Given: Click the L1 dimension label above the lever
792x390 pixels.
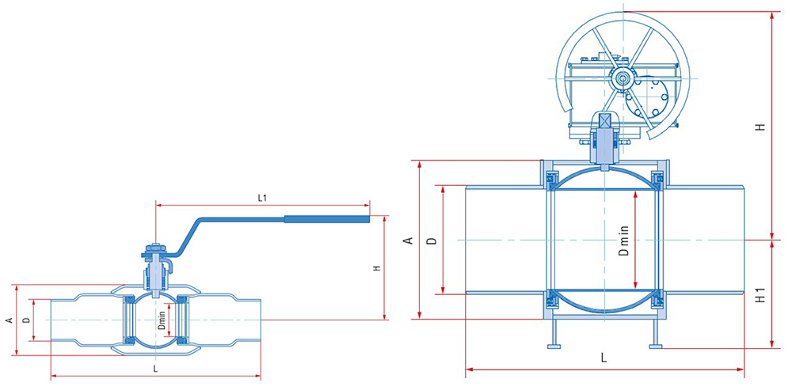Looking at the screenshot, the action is click(x=262, y=199).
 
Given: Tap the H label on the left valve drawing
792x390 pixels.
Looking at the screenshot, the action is click(x=376, y=268).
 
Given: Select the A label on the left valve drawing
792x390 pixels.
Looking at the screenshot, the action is click(x=8, y=320).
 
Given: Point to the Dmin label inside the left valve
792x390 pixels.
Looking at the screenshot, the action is click(x=162, y=320).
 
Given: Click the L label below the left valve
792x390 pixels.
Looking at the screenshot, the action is click(x=155, y=369).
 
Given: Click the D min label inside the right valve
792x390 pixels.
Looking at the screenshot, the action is click(x=624, y=240).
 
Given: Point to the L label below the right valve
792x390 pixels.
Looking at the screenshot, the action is click(x=604, y=358).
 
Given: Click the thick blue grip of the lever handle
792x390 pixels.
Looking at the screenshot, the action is click(x=327, y=219).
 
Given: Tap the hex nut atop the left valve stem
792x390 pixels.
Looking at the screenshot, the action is click(x=155, y=248).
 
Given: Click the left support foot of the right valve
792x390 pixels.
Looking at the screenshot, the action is click(x=554, y=346).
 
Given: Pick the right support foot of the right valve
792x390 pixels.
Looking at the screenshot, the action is click(x=656, y=346).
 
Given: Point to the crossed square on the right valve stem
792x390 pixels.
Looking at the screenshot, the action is click(x=604, y=121).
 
